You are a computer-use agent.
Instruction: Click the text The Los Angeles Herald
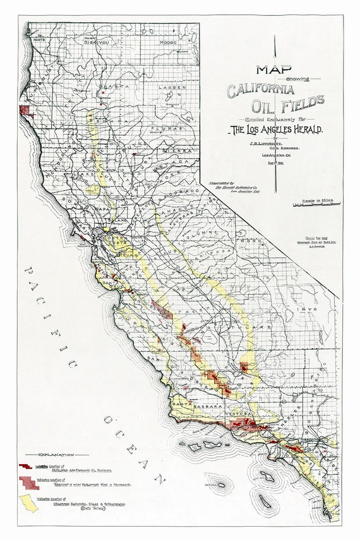pos(277,129)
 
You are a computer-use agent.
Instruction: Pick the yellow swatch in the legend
pos(30,503)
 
